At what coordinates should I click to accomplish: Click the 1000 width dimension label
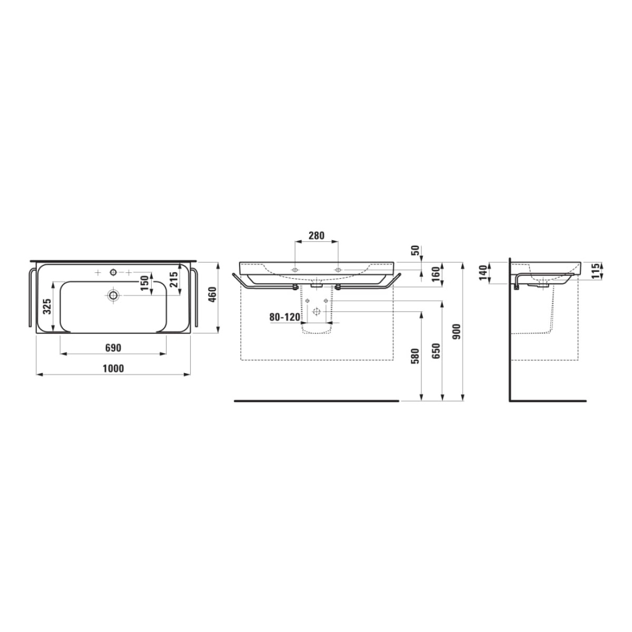113,369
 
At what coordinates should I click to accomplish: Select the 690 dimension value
113,348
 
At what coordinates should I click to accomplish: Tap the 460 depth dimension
213,294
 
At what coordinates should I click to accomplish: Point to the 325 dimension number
47,307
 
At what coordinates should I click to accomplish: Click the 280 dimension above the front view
317,235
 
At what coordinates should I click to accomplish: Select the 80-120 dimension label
285,317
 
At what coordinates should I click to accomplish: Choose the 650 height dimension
436,351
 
